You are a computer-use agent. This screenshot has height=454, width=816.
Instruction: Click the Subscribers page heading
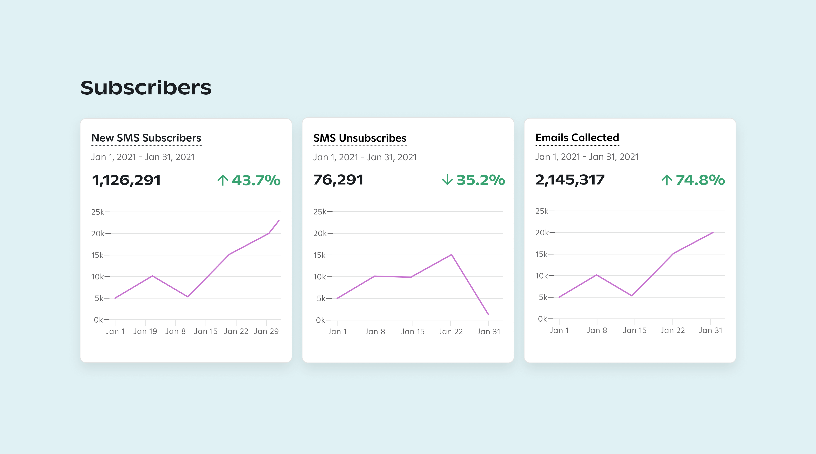coord(146,88)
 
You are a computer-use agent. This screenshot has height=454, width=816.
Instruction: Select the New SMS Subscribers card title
coord(146,138)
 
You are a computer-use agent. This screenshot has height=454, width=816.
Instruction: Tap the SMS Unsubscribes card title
coord(359,138)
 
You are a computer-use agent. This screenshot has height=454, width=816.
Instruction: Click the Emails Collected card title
coord(577,138)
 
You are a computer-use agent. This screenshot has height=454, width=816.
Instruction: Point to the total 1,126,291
coord(126,180)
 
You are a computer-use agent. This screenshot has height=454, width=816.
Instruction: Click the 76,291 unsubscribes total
coord(338,180)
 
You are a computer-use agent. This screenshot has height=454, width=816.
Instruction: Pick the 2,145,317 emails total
coord(570,180)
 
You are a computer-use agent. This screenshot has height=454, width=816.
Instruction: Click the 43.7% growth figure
coord(256,180)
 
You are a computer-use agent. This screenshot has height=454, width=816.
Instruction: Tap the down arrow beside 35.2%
coord(447,180)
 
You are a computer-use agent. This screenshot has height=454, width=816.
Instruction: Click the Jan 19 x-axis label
coord(145,331)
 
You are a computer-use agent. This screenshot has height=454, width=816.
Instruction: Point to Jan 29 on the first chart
coord(266,331)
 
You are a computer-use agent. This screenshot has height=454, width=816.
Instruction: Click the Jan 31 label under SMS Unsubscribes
coord(488,332)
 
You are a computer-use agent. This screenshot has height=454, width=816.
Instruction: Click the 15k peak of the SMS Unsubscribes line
coord(451,254)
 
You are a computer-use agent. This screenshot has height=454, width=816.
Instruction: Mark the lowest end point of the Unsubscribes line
coord(488,314)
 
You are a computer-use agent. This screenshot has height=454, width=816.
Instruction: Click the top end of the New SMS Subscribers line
coord(279,220)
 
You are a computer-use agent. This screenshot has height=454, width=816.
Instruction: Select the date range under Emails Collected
coord(587,157)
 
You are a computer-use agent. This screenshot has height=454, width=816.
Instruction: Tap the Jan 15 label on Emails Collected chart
coord(634,331)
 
